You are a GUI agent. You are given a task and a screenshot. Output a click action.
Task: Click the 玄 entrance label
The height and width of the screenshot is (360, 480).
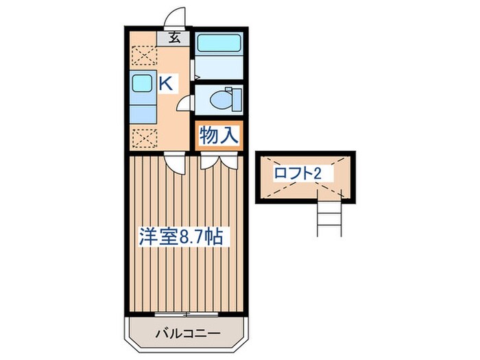click(x=175, y=38)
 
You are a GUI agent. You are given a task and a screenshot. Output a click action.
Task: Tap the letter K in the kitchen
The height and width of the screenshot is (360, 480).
click(x=166, y=84)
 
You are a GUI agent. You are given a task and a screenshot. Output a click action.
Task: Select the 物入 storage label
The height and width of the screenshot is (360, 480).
click(x=219, y=135)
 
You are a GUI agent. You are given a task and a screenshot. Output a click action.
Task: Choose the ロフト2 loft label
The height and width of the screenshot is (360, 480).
click(x=298, y=173)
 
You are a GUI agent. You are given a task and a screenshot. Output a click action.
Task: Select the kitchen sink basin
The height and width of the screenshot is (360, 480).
click(x=142, y=85)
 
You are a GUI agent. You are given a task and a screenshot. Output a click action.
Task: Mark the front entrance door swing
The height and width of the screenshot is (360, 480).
click(x=178, y=17)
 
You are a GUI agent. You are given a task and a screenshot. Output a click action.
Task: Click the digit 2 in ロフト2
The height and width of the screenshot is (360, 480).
click(x=317, y=173)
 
